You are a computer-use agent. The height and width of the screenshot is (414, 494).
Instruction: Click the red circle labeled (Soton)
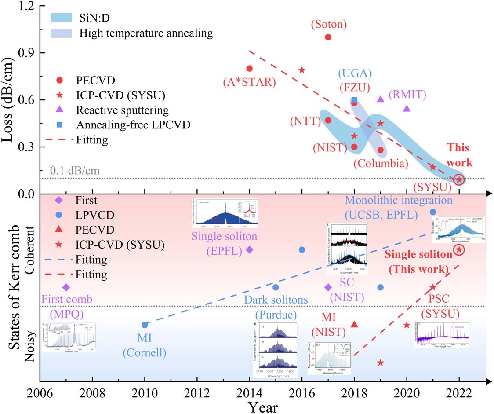tap(328, 37)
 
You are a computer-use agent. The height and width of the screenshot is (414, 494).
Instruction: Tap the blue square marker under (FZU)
tap(354, 100)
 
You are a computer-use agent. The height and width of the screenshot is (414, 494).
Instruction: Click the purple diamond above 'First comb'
tap(66, 287)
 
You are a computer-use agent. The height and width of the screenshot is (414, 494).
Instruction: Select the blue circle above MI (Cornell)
tap(145, 325)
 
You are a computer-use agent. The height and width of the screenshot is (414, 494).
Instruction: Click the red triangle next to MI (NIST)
tap(354, 324)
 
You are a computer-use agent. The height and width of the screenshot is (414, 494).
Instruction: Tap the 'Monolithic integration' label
tap(398, 200)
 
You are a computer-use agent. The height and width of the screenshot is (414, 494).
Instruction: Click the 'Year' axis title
tap(262, 406)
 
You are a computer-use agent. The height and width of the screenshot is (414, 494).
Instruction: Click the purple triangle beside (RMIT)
tap(381, 99)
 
